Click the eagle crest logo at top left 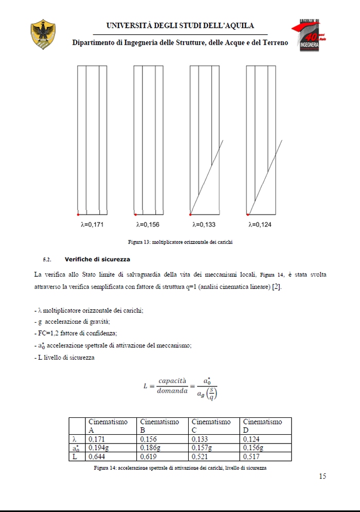tap(43, 35)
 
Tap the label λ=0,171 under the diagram tap(93, 224)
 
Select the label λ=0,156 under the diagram tap(148, 224)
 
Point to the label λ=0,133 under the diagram tap(204, 224)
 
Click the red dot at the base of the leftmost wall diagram tap(78, 214)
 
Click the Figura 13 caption tap(180, 242)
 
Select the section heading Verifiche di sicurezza tap(97, 259)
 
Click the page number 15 tap(322, 476)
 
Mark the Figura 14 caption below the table tap(180, 468)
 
